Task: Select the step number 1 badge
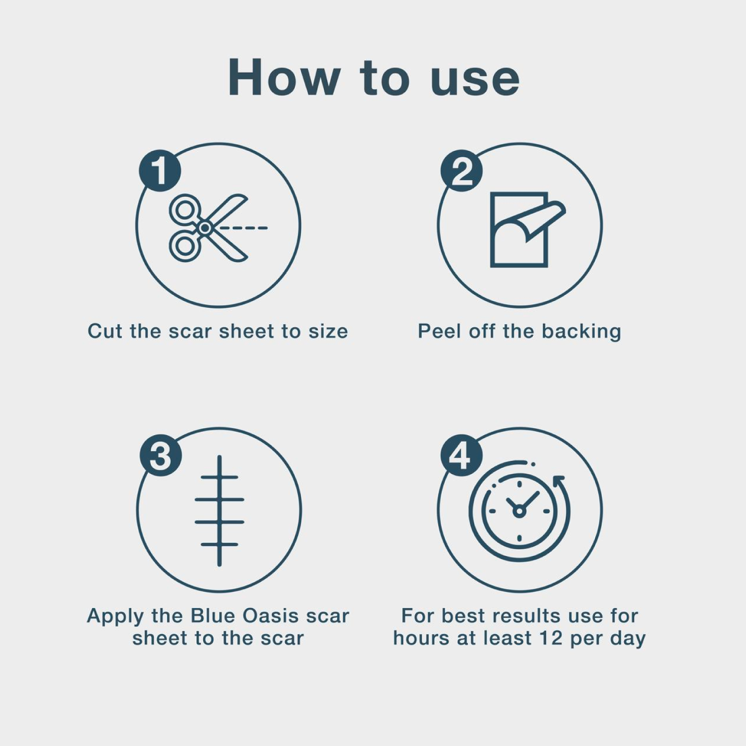click(x=160, y=171)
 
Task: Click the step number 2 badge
click(x=462, y=171)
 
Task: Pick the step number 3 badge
click(x=160, y=455)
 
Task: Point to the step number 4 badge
click(x=462, y=455)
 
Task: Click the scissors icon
click(x=208, y=228)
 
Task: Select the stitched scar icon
click(x=219, y=511)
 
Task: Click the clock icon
click(x=519, y=511)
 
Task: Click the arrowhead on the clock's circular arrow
click(x=558, y=482)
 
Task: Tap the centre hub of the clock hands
click(x=519, y=512)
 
